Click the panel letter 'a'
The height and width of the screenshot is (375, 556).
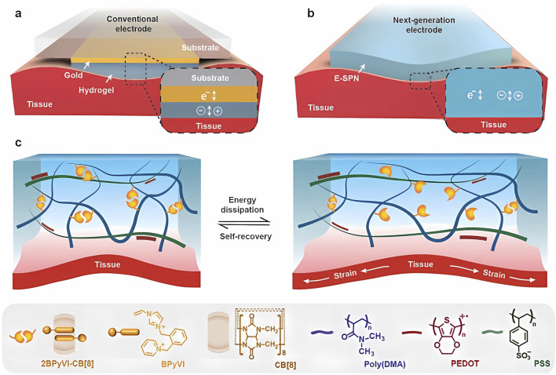click(x=18, y=15)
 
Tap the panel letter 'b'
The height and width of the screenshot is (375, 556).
click(x=311, y=14)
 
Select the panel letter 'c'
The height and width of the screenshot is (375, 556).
click(x=18, y=143)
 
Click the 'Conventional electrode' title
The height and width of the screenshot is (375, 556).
click(x=133, y=24)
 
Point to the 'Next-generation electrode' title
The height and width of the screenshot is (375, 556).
click(x=424, y=25)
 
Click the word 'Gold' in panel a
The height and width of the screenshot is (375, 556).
click(x=73, y=75)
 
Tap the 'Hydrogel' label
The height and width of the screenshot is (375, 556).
click(x=97, y=90)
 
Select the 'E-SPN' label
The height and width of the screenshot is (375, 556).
click(x=346, y=78)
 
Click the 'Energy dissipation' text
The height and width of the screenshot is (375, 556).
click(x=243, y=205)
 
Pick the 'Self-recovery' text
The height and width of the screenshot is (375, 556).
click(x=245, y=236)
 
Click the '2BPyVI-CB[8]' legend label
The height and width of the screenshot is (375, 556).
click(x=71, y=364)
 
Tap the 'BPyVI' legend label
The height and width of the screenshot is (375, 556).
click(x=173, y=364)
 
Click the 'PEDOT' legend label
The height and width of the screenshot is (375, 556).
click(x=465, y=364)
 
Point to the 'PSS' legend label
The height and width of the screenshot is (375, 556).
click(x=541, y=364)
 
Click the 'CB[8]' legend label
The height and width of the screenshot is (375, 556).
click(x=285, y=364)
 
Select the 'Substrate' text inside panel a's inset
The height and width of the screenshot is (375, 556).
click(x=210, y=78)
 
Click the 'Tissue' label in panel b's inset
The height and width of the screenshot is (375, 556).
click(x=494, y=125)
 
